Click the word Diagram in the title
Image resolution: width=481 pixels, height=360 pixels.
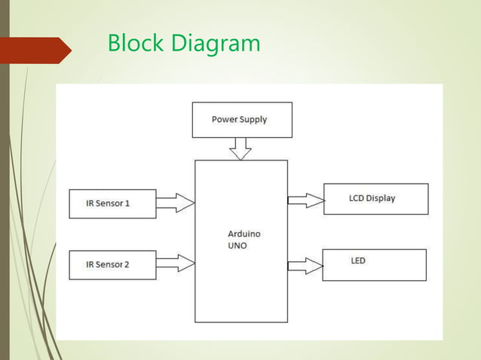coord(216,44)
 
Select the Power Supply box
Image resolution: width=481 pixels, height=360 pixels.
coord(242,120)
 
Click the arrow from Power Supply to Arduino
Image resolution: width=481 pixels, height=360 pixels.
coord(240,148)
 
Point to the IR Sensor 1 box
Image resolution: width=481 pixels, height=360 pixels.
coord(112,203)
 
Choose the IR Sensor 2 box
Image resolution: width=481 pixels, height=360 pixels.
coord(112,265)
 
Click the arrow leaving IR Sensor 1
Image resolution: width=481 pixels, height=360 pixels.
coord(176,203)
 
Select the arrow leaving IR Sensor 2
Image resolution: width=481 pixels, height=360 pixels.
coord(176,264)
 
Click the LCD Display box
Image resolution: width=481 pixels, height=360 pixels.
coord(375,199)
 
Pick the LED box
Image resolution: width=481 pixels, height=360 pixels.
coord(374,264)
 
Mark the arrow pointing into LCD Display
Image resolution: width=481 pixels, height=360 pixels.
coord(306,200)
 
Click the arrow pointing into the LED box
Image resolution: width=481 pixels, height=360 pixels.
coord(305,265)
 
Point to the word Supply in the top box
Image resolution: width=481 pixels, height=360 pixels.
coord(254,120)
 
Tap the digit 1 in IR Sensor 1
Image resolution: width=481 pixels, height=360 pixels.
coord(127,203)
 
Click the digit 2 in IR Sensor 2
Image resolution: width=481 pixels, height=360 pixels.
coord(127,265)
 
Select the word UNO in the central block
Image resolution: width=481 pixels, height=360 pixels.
coord(237,246)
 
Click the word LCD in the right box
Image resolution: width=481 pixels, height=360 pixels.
coord(357,199)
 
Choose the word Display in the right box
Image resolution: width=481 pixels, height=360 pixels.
coord(381,199)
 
